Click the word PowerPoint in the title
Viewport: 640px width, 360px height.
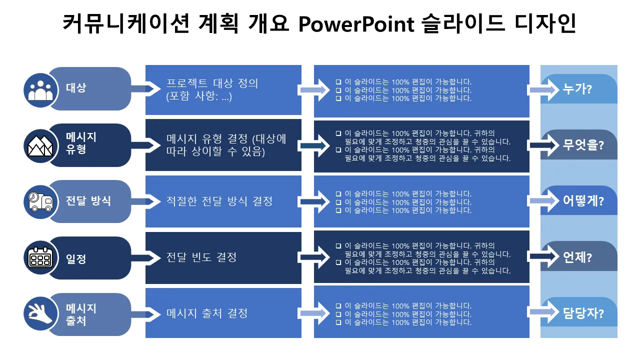[355, 23]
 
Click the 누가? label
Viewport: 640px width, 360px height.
[577, 89]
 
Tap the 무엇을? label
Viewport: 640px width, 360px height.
[583, 145]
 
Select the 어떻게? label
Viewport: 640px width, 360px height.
[583, 201]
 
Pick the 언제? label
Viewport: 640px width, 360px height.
[577, 258]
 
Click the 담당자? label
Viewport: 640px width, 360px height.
[583, 314]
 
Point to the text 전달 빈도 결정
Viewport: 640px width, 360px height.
[201, 257]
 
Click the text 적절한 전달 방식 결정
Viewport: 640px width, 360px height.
[219, 201]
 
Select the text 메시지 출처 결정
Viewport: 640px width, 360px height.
[207, 313]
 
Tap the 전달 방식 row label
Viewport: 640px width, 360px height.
[88, 201]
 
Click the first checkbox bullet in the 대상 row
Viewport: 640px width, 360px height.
[338, 82]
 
